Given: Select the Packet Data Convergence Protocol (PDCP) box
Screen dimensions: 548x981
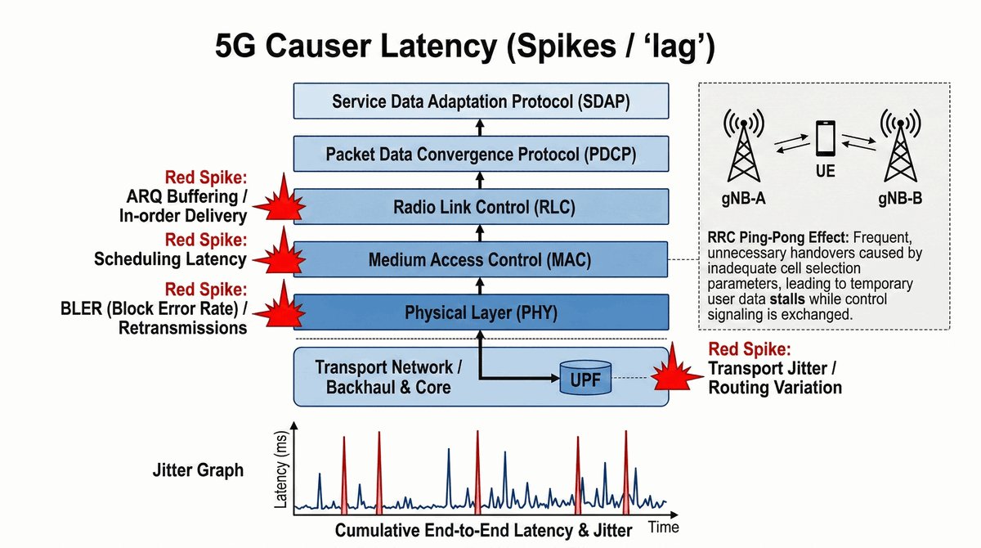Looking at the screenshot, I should click(481, 154).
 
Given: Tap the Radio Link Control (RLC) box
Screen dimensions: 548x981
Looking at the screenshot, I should click(481, 207).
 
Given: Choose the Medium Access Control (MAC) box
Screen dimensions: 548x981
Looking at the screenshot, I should click(481, 261).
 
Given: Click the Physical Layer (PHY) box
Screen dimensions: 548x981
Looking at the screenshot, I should click(481, 312).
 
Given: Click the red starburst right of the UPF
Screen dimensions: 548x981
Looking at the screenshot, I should click(675, 375).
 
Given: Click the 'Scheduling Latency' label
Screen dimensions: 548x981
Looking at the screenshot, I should click(170, 259).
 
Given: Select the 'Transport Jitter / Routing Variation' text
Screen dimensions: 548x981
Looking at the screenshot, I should click(774, 378).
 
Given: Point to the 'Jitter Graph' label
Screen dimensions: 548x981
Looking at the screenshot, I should click(198, 471).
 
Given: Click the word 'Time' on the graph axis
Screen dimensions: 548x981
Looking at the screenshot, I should click(663, 528).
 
